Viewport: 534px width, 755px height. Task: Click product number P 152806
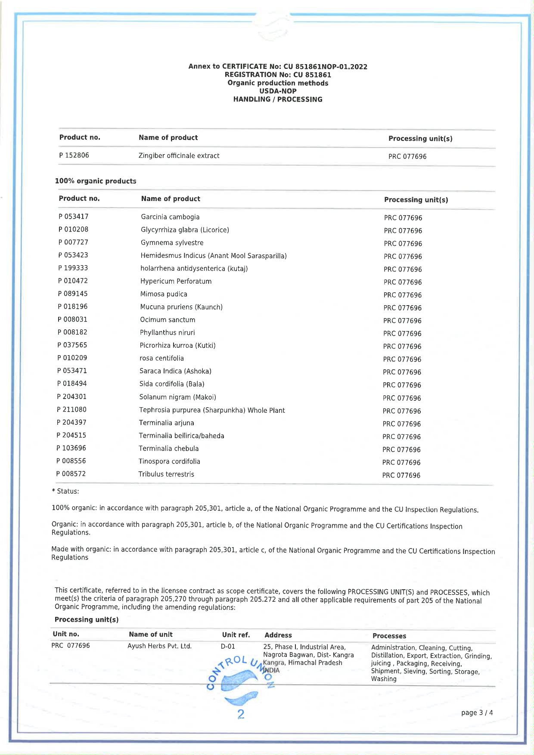(74, 155)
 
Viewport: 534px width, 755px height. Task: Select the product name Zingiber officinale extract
(179, 156)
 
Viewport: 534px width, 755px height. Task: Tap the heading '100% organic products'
(95, 181)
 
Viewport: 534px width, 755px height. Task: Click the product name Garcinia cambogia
(170, 217)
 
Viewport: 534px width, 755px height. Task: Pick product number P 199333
(73, 268)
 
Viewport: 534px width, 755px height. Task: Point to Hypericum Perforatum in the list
(176, 282)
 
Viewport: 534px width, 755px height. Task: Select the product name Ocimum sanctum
(168, 320)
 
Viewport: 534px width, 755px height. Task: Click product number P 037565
(72, 345)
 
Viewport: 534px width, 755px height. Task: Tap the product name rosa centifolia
(161, 359)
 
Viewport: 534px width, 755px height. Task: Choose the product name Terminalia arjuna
(166, 423)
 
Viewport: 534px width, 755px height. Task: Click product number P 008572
(71, 474)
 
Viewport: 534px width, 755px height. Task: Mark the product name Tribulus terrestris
(166, 474)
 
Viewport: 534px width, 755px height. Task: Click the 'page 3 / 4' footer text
(477, 713)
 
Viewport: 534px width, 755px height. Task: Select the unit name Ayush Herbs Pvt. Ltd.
(159, 646)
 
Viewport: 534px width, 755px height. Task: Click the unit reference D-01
(228, 647)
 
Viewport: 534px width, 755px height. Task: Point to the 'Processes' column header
(389, 636)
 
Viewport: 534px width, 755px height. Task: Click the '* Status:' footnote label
(65, 491)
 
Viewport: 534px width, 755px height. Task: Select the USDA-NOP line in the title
(278, 91)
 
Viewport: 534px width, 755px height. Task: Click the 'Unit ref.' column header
(236, 635)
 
